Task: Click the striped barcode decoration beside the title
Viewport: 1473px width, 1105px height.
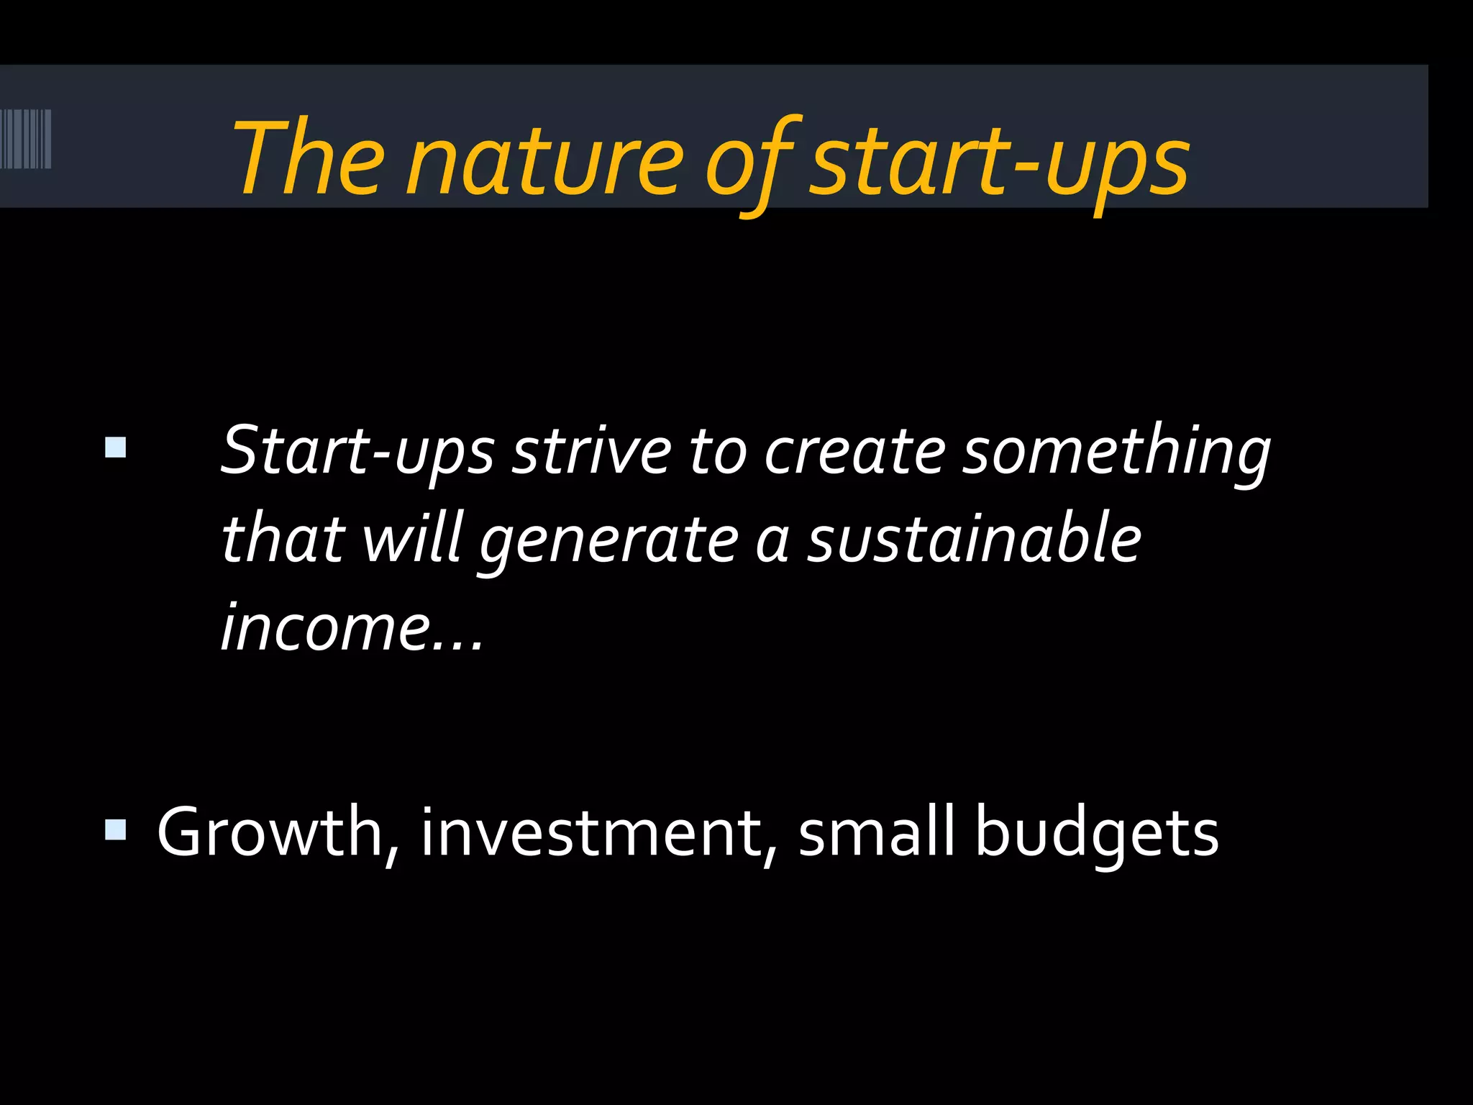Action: click(26, 139)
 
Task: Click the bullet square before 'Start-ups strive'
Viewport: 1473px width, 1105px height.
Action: click(115, 447)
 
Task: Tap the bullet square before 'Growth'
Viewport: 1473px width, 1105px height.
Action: click(115, 830)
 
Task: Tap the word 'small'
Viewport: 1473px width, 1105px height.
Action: click(876, 833)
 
